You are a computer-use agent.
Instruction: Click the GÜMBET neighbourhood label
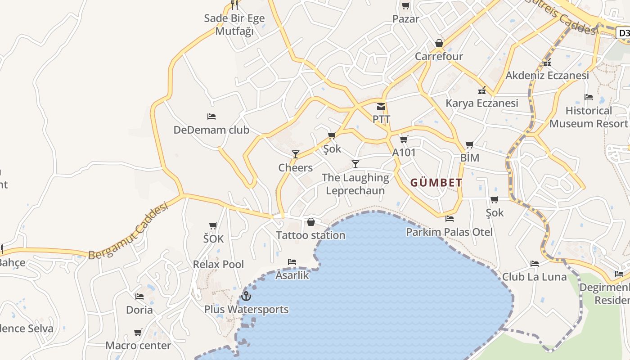pos(436,183)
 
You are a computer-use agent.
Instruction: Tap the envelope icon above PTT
pos(381,107)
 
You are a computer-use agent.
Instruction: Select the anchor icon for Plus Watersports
pos(246,296)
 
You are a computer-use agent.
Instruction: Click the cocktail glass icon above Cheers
pos(295,154)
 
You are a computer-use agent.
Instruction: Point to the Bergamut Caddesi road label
pos(128,231)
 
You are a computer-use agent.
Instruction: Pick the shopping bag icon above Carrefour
pos(439,44)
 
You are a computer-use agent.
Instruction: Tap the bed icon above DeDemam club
pos(211,117)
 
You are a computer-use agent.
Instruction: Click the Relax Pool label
pos(218,264)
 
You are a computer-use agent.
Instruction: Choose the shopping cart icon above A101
pos(404,139)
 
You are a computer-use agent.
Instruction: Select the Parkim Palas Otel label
pos(449,232)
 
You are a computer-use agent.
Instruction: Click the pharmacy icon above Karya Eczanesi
pos(482,90)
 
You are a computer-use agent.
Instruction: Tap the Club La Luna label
pos(534,277)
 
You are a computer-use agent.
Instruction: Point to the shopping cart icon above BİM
pos(470,144)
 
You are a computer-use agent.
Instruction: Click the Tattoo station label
pos(310,235)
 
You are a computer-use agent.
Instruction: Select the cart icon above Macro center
pos(138,333)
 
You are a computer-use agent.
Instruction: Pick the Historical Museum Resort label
pos(589,117)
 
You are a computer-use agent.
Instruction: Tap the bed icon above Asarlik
pos(292,262)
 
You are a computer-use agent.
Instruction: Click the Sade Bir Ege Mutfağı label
pos(234,25)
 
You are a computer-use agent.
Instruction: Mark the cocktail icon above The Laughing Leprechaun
pos(355,164)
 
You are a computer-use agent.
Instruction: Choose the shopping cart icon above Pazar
pos(405,6)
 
